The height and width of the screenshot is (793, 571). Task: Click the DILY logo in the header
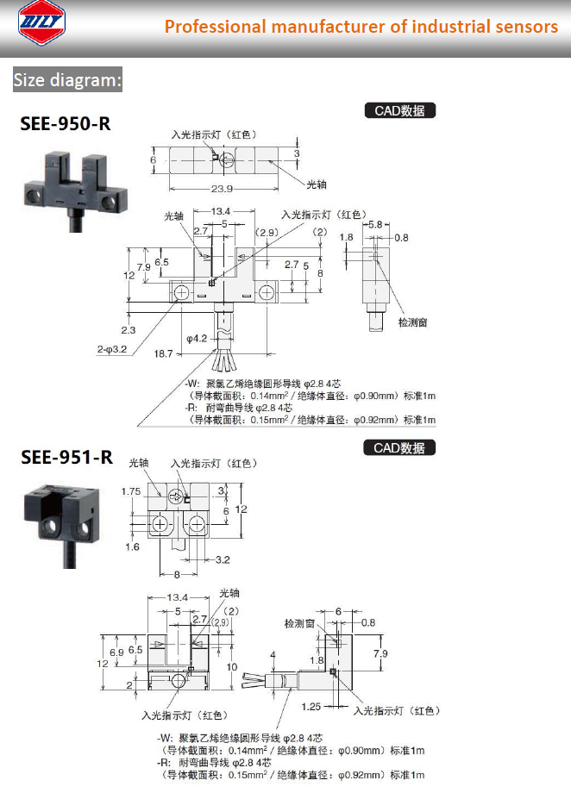point(41,22)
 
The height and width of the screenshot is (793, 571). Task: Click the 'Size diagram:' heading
point(67,80)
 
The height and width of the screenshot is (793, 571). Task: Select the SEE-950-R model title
point(66,124)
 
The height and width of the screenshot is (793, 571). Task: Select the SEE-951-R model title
point(66,457)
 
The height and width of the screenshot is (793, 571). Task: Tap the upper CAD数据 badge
point(400,110)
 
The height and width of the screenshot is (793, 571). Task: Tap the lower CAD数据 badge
point(399,448)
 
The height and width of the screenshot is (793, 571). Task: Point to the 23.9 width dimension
point(222,189)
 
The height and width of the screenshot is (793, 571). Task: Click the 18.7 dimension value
point(164,354)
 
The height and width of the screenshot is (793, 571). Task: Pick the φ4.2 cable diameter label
point(197,339)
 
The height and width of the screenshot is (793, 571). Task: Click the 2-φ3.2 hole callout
point(112,349)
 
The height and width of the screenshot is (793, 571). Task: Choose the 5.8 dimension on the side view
point(375,224)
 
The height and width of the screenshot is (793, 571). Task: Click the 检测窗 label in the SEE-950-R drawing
point(412,322)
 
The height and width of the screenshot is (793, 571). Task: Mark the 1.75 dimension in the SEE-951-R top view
point(131,491)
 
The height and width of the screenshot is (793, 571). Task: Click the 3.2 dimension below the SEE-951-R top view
point(223,560)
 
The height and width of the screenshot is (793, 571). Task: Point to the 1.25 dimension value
point(311,707)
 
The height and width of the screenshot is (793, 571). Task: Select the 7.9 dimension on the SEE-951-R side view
point(380,653)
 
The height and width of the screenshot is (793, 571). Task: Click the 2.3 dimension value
point(128,330)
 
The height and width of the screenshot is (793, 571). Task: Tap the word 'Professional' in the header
point(215,27)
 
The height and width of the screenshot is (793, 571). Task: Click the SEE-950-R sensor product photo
point(75,190)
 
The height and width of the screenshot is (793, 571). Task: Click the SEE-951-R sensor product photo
point(62,525)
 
